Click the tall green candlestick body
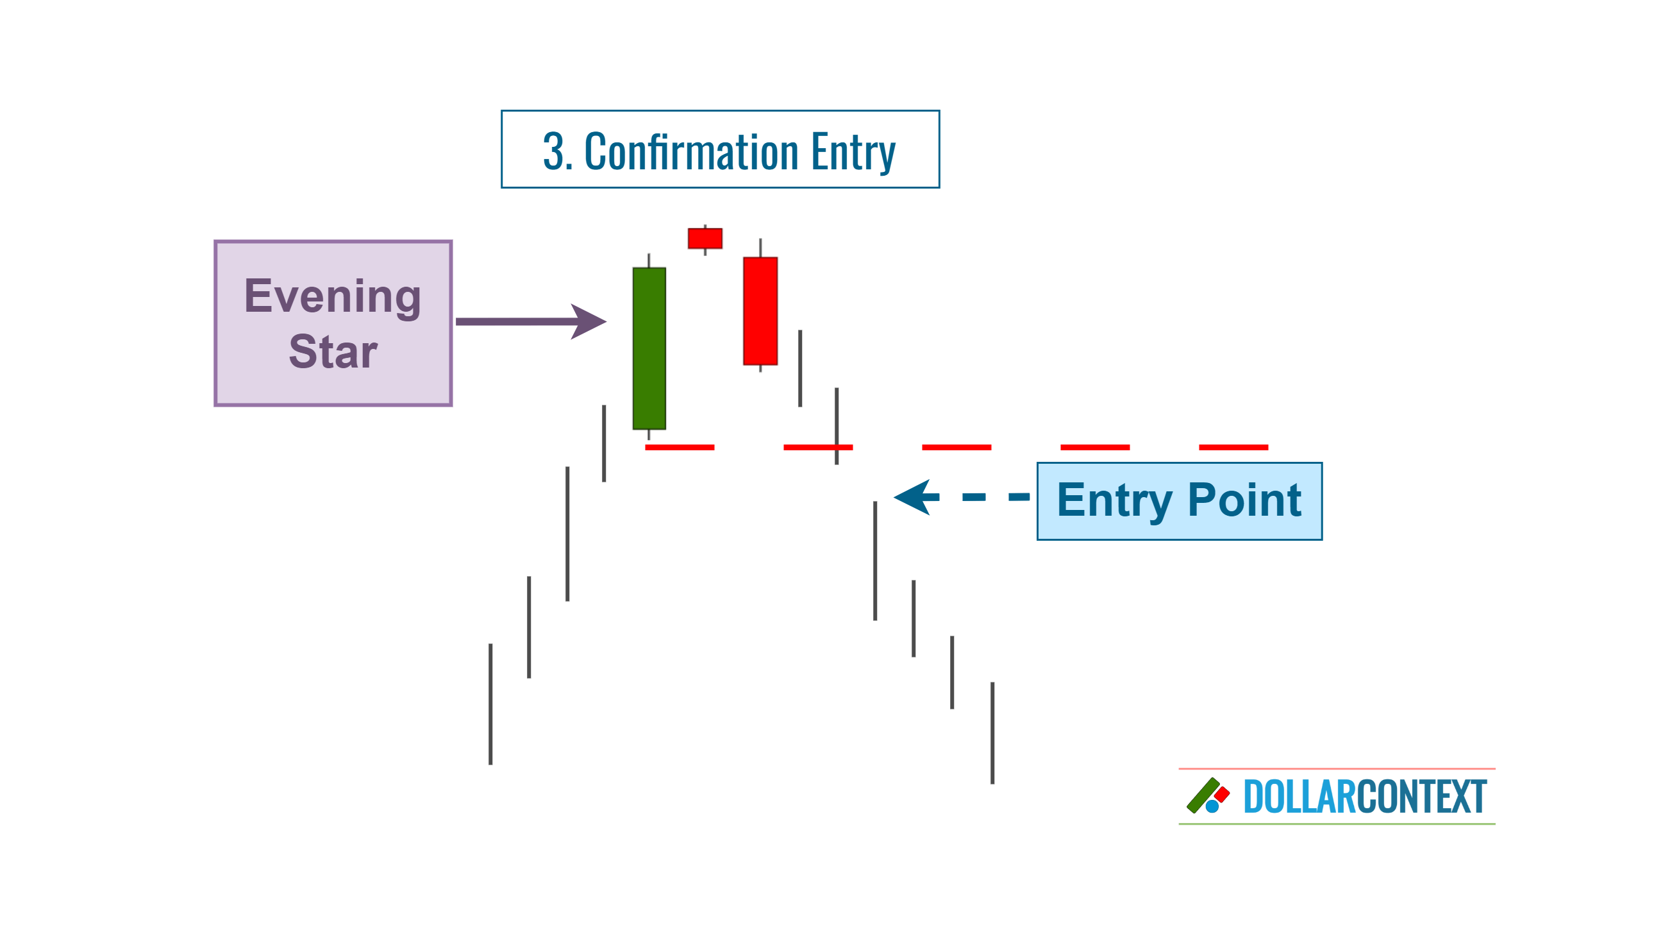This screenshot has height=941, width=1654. pos(649,348)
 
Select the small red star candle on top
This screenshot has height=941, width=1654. pos(705,239)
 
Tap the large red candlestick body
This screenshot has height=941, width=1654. pos(760,311)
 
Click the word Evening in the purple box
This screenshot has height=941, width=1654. pos(333,296)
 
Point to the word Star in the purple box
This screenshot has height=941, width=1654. pos(333,352)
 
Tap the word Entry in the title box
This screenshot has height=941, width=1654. pos(853,153)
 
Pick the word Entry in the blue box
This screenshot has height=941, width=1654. pos(1114,501)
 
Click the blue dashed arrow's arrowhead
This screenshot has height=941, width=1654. pos(914,497)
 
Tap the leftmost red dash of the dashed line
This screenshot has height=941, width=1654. pos(680,447)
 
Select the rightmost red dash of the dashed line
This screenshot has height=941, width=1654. pos(1233,447)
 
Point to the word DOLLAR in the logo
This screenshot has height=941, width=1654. pos(1299,796)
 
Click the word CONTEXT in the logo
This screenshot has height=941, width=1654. pos(1421,796)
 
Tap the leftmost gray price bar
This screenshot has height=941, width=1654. pos(491,704)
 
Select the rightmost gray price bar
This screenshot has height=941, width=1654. pos(992,733)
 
